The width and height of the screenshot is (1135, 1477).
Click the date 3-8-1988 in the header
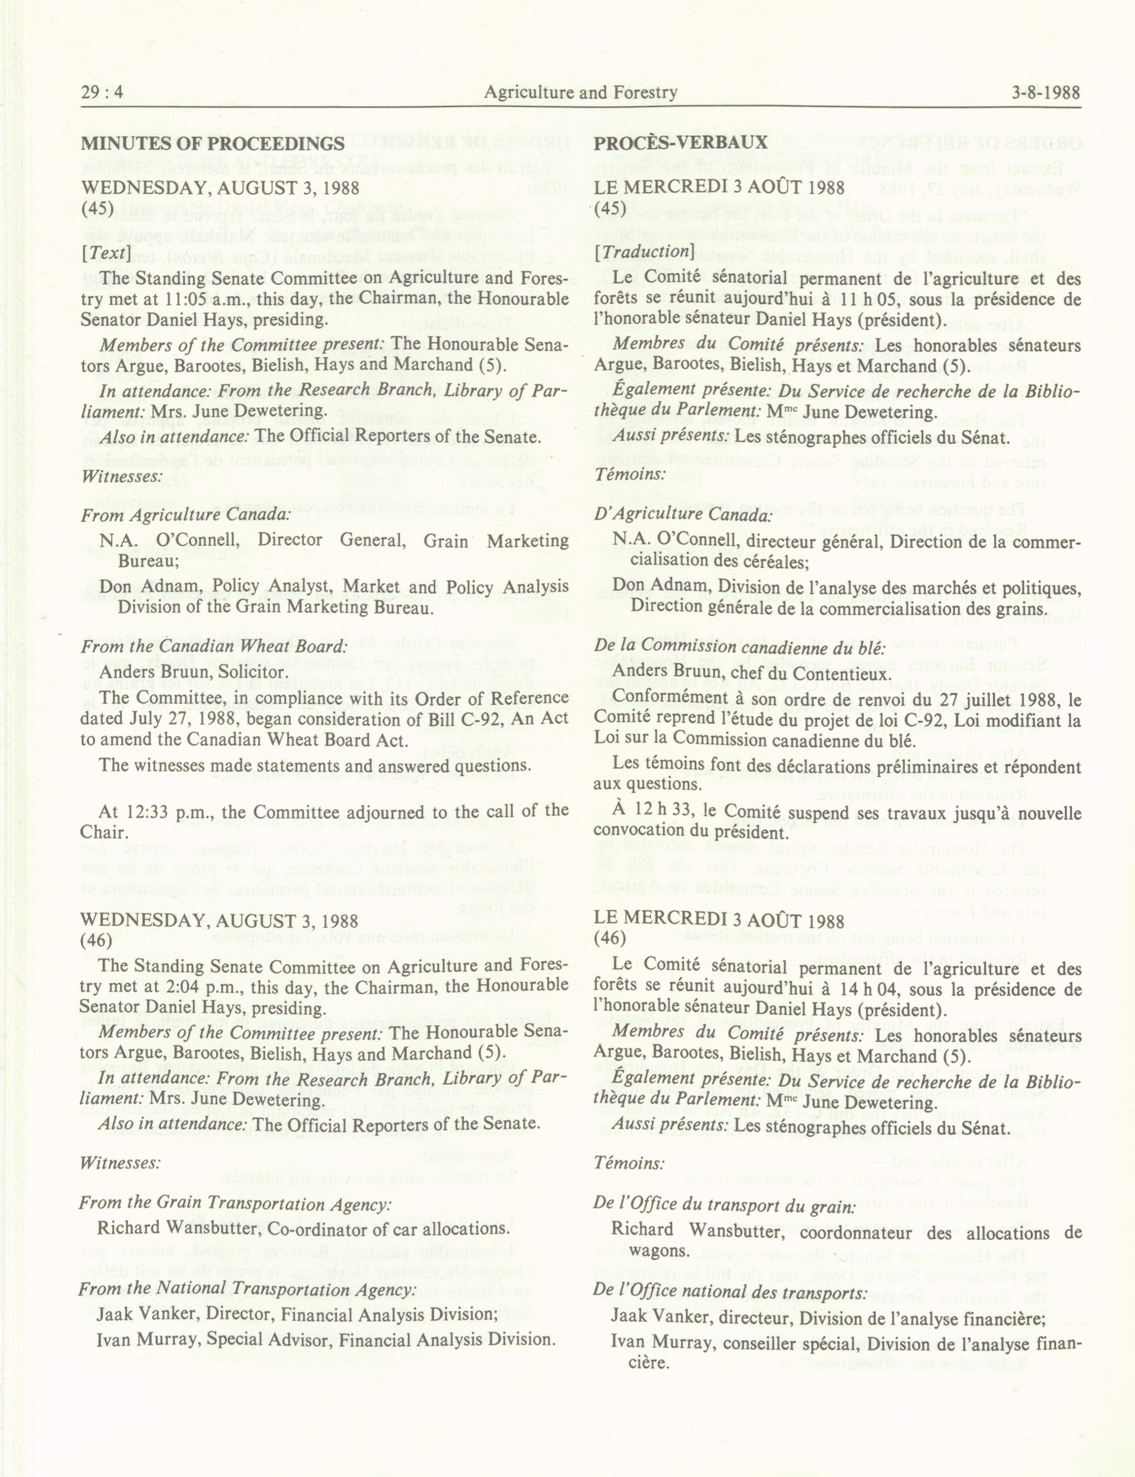point(1046,92)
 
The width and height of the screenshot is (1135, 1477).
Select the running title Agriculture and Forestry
point(580,92)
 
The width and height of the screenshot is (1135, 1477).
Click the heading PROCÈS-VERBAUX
point(681,142)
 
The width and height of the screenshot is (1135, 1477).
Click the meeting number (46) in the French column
point(610,938)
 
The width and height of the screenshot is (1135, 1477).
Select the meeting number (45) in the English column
point(97,208)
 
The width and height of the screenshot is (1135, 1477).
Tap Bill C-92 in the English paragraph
point(464,719)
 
